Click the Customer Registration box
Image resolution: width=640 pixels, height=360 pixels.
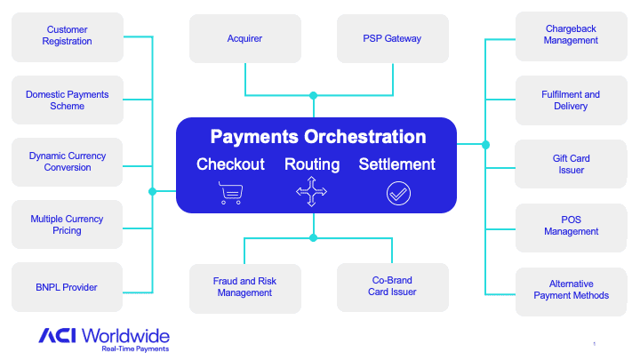68,36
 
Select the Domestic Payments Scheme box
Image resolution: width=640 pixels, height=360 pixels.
68,100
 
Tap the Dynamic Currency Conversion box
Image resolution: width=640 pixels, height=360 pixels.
68,162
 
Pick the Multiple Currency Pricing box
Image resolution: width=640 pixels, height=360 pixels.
68,225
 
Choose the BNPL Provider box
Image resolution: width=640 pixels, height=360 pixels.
68,287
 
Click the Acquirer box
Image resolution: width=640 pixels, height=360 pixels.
244,39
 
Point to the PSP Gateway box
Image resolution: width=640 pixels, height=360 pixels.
392,39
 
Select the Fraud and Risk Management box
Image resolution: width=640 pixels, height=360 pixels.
244,287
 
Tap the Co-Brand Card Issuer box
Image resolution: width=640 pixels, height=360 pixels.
392,287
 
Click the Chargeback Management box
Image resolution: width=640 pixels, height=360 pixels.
571,35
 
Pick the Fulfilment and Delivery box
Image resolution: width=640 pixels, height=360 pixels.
571,100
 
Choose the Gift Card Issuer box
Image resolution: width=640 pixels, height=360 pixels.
571,164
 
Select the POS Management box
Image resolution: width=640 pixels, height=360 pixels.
571,226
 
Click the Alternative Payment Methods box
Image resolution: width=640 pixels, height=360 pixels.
571,290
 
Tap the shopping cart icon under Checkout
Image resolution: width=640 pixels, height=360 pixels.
230,193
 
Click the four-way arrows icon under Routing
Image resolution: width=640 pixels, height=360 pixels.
312,193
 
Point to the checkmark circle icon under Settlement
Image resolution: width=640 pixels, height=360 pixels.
398,193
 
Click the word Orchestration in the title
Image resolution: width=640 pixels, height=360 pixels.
365,138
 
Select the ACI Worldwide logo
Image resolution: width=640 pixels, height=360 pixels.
104,337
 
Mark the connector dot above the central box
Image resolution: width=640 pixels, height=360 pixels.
313,95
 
